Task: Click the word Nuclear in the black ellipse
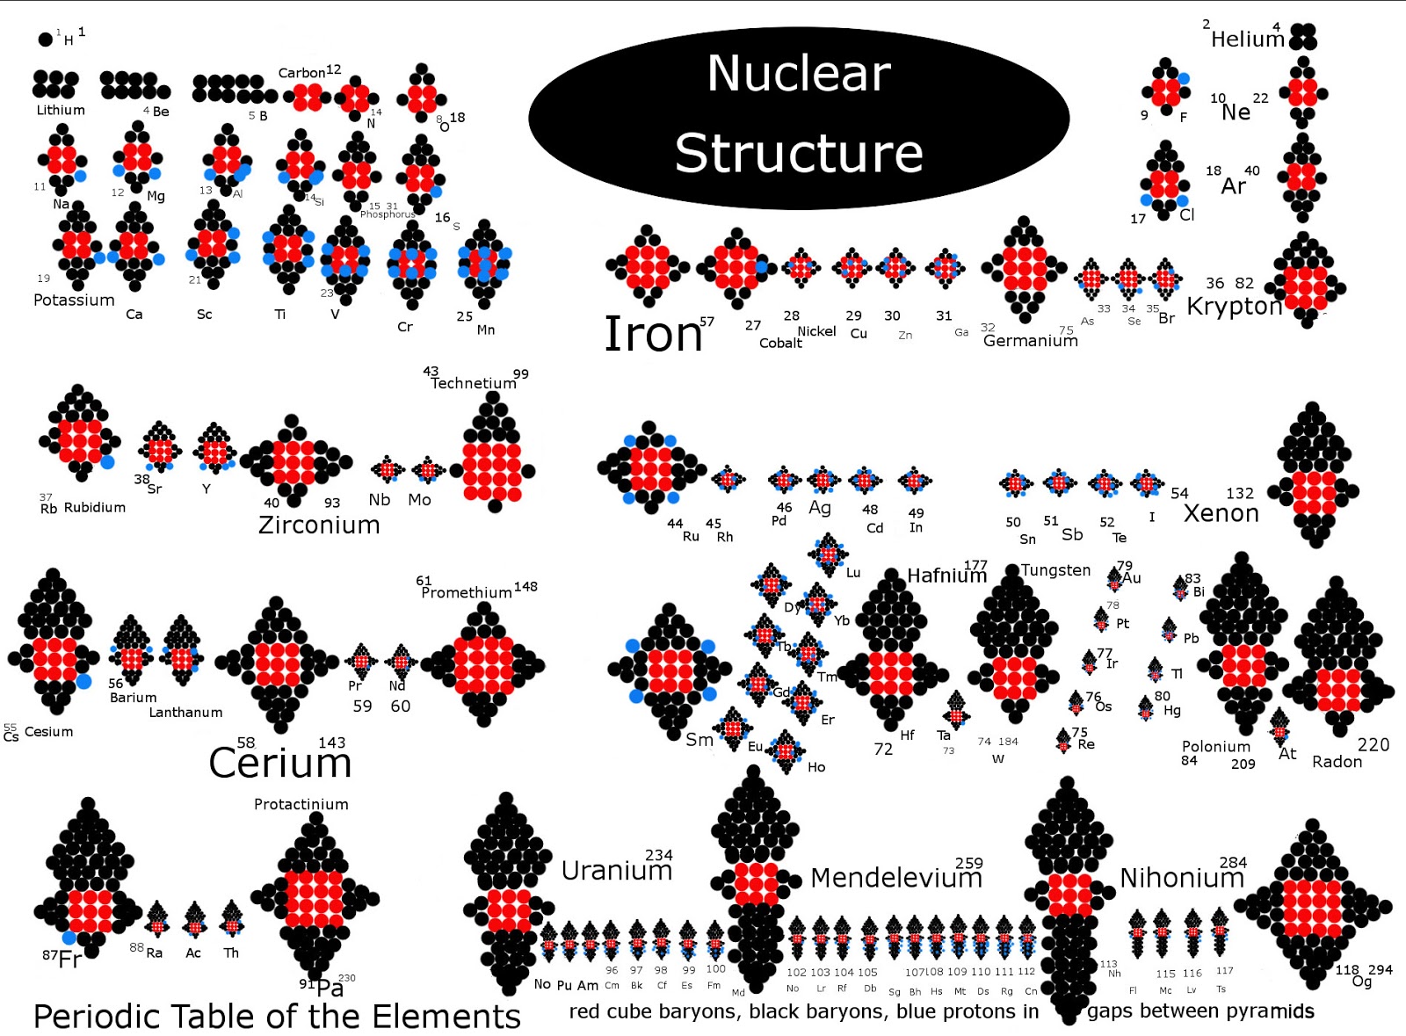click(x=798, y=73)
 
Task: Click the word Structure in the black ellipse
click(x=798, y=153)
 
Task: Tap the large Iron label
click(x=653, y=335)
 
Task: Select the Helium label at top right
click(x=1247, y=40)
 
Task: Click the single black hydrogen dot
click(x=45, y=39)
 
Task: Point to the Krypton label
click(x=1234, y=307)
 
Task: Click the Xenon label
click(x=1221, y=514)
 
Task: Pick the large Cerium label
click(x=279, y=763)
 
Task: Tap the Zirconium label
click(x=319, y=525)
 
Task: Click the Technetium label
click(x=473, y=383)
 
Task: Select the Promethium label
click(x=466, y=592)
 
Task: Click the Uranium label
click(x=616, y=871)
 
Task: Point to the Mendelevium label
click(x=895, y=878)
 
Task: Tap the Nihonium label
click(x=1181, y=878)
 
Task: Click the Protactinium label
click(x=301, y=804)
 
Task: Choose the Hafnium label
click(x=946, y=576)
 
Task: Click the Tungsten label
click(x=1054, y=570)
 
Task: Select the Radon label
click(x=1337, y=762)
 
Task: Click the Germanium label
click(x=1030, y=341)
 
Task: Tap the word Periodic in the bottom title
click(x=97, y=1017)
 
